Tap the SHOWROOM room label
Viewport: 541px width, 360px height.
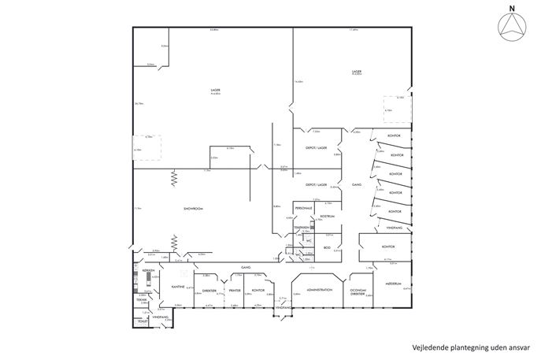[195, 208]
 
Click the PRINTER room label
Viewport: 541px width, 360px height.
[234, 290]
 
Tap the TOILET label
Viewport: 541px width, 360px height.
[143, 321]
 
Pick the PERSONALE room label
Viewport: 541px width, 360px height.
[304, 209]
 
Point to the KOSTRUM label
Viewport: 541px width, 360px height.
[328, 215]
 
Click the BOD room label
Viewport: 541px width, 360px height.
[327, 247]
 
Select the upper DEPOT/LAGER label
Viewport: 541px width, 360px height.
[316, 147]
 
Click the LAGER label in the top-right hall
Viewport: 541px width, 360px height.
[356, 72]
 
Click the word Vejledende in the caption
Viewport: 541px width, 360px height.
[431, 347]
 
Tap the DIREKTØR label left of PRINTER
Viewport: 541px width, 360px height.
[209, 289]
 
